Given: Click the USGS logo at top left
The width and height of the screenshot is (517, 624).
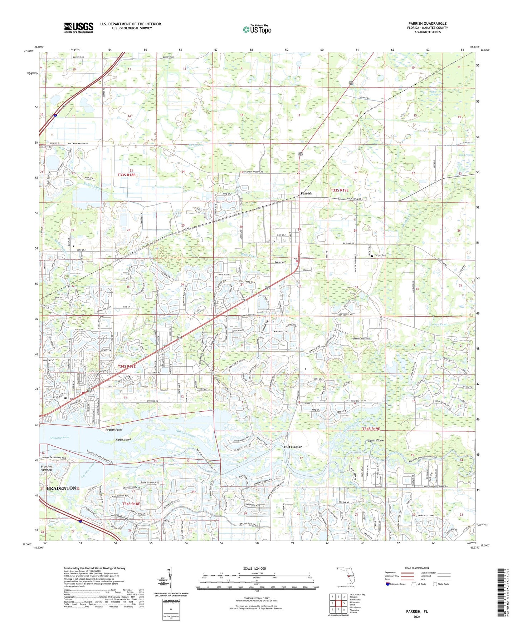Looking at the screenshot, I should [78, 27].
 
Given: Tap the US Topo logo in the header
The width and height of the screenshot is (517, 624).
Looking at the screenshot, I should [257, 29].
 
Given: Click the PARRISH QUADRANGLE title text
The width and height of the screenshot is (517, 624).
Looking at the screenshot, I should [427, 24].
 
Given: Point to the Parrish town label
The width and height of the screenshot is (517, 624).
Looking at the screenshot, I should [306, 193].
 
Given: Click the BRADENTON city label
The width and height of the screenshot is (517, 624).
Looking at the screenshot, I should [60, 488].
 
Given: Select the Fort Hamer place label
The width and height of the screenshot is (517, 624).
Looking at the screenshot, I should [293, 447].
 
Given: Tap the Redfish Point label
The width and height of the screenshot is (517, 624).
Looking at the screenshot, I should [113, 430].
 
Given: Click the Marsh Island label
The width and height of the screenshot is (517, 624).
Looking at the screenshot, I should [123, 440].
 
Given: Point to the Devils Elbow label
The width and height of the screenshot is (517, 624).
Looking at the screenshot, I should [376, 441].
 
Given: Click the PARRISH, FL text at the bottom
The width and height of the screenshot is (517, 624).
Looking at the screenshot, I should [417, 611].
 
